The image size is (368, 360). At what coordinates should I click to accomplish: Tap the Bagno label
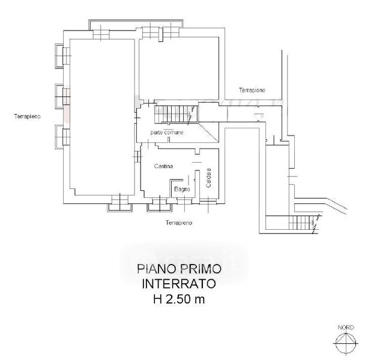(182, 189)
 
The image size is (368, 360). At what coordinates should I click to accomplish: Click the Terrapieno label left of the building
(28, 117)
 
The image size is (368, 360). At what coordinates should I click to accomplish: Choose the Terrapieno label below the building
(179, 223)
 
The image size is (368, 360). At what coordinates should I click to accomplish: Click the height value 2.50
(184, 298)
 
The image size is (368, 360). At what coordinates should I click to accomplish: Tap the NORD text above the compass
(345, 328)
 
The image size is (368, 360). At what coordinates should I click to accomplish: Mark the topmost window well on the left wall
(59, 55)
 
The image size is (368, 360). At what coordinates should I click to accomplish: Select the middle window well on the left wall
(59, 95)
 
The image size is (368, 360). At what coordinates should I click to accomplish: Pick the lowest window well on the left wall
(59, 136)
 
